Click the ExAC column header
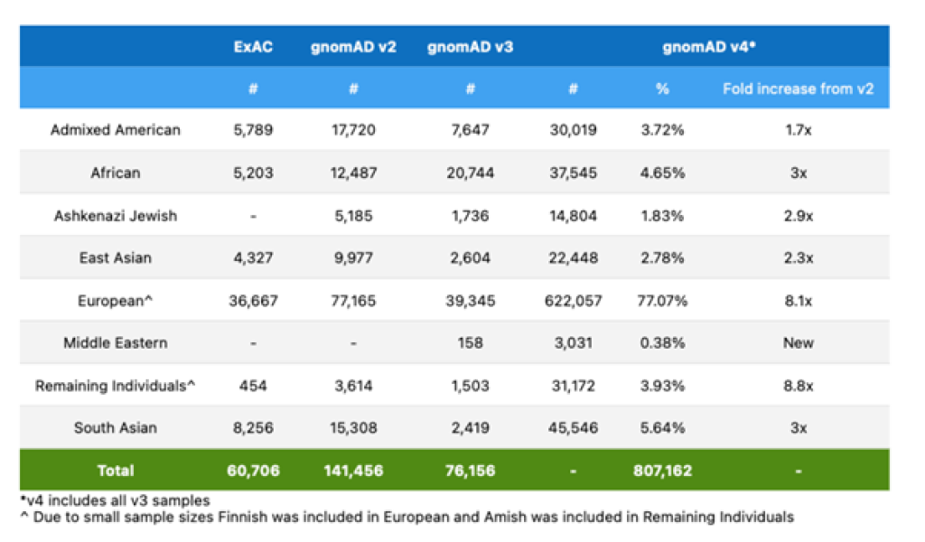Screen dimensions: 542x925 coord(253,46)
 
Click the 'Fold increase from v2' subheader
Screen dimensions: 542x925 coord(799,89)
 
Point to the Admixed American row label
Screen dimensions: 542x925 coord(116,130)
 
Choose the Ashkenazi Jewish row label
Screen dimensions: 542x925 coord(116,216)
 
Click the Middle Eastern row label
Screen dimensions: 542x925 coord(116,343)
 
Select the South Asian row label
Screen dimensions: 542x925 coord(116,428)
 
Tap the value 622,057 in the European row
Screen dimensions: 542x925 coord(574,301)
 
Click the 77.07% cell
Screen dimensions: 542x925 coord(663,301)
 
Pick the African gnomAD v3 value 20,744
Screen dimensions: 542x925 coord(470,173)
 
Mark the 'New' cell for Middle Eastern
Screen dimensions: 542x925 coord(799,343)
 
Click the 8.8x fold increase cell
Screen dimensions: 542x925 coord(799,386)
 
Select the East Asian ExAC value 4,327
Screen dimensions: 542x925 coord(253,258)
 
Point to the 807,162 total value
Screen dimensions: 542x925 coord(663,471)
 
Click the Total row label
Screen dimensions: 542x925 coord(116,471)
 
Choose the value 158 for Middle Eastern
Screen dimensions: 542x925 coord(470,343)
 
